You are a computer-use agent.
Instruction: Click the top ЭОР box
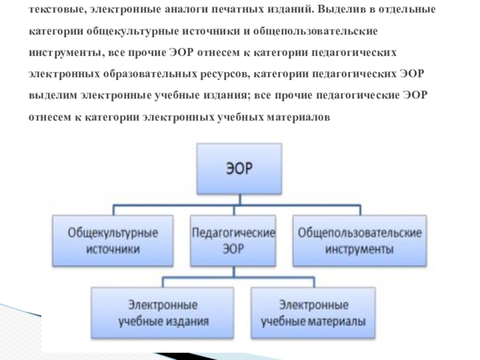point(239,169)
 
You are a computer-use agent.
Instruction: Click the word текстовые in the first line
point(55,11)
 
